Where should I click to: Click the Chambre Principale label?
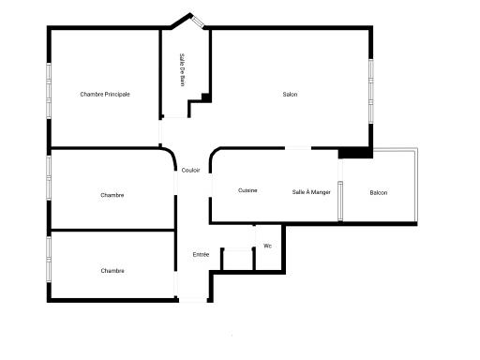click(105, 94)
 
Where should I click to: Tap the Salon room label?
click(290, 94)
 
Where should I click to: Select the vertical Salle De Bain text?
click(183, 69)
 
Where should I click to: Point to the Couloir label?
click(190, 170)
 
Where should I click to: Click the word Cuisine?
click(247, 190)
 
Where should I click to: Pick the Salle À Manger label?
click(311, 192)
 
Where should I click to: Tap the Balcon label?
click(379, 192)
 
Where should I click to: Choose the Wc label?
click(267, 246)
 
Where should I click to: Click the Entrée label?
click(201, 254)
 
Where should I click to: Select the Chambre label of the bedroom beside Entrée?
click(112, 271)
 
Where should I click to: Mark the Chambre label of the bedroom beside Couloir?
click(112, 195)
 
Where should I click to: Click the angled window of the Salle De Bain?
click(198, 22)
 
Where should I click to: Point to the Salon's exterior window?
click(371, 91)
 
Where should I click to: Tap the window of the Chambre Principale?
click(49, 91)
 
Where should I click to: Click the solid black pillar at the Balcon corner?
click(355, 153)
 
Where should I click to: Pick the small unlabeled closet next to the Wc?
click(238, 259)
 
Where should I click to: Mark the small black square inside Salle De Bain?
click(206, 97)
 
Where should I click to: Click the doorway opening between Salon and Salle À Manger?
click(298, 148)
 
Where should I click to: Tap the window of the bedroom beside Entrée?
click(49, 259)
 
